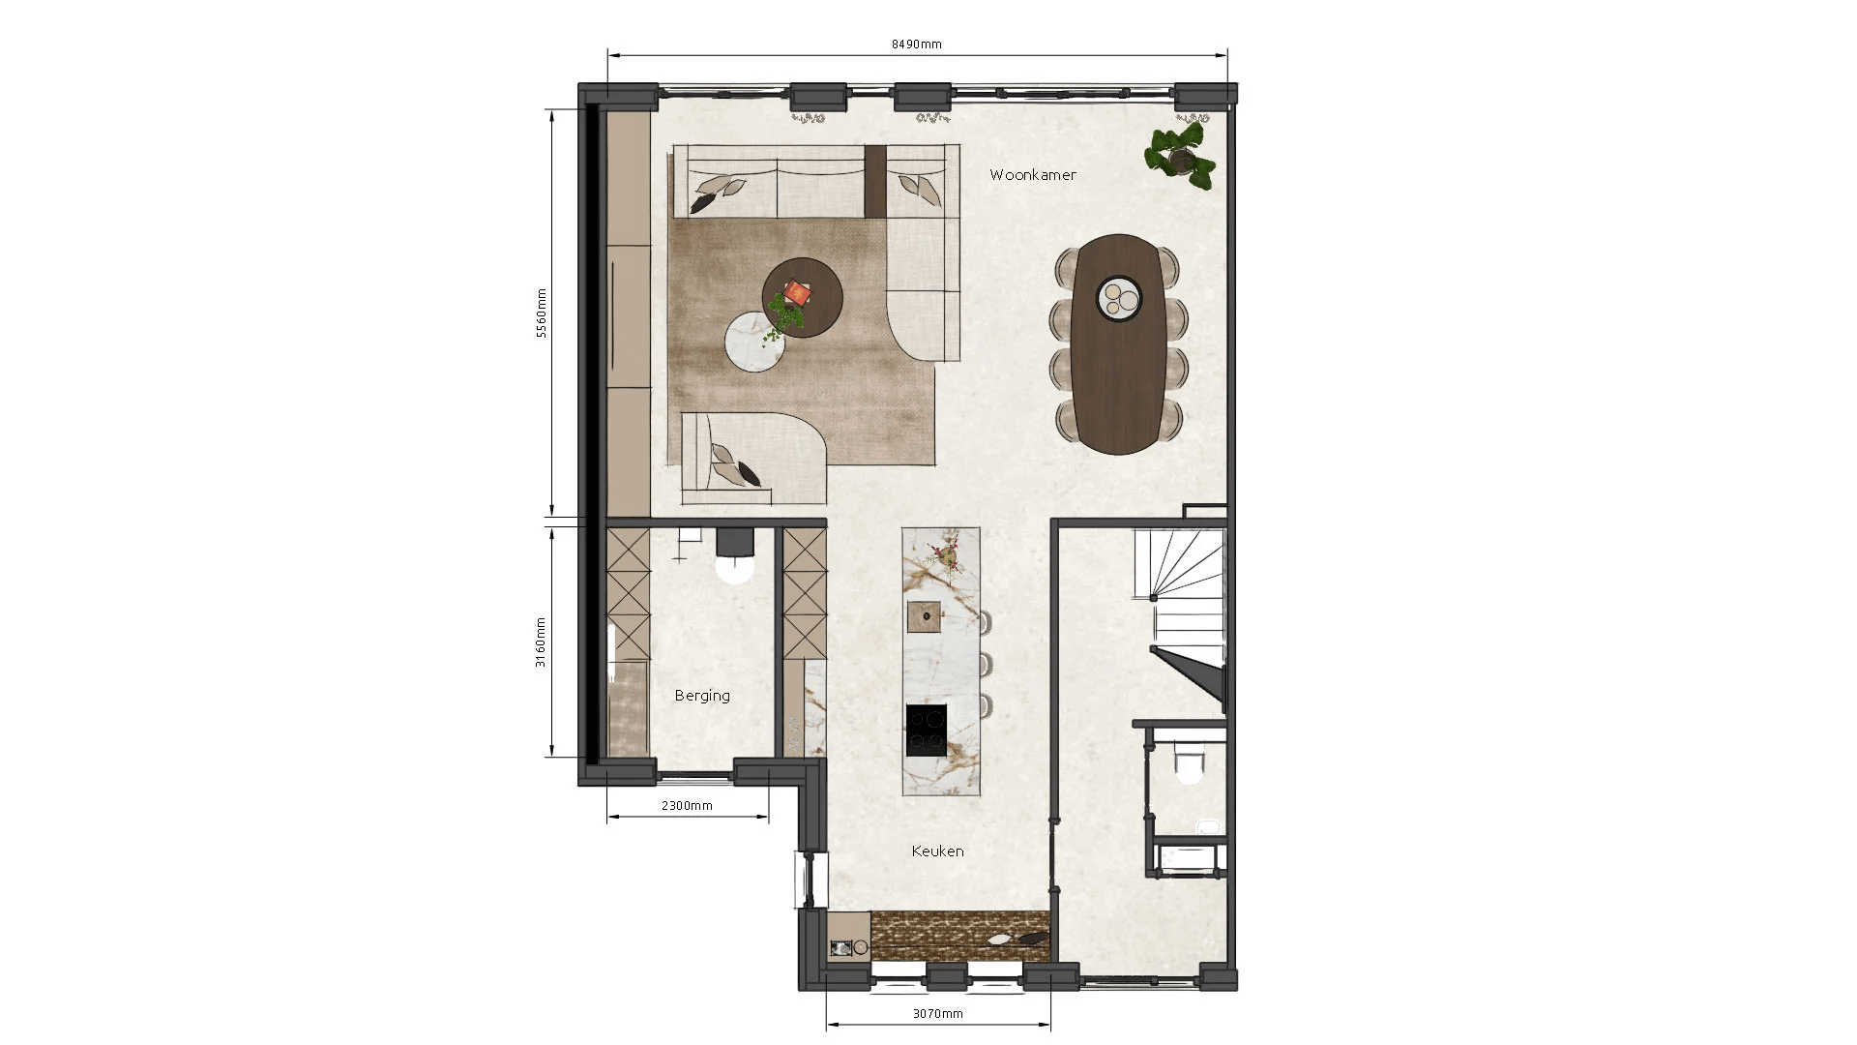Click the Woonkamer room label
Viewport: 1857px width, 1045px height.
pos(1032,175)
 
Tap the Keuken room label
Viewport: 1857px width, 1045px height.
pos(937,851)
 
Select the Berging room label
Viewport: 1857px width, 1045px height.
pos(702,696)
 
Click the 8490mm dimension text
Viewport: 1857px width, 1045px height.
pos(916,44)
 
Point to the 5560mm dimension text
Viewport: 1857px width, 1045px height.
pos(542,313)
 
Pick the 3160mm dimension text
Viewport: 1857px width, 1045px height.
pos(542,642)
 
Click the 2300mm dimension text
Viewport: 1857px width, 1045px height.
pos(687,805)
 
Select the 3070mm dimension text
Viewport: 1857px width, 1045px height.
pos(938,1014)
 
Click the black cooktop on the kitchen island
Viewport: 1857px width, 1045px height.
pos(927,731)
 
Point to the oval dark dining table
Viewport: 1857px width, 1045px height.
pos(1119,343)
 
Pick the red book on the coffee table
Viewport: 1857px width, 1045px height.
pos(798,290)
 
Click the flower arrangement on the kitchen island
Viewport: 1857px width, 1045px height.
pos(939,555)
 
